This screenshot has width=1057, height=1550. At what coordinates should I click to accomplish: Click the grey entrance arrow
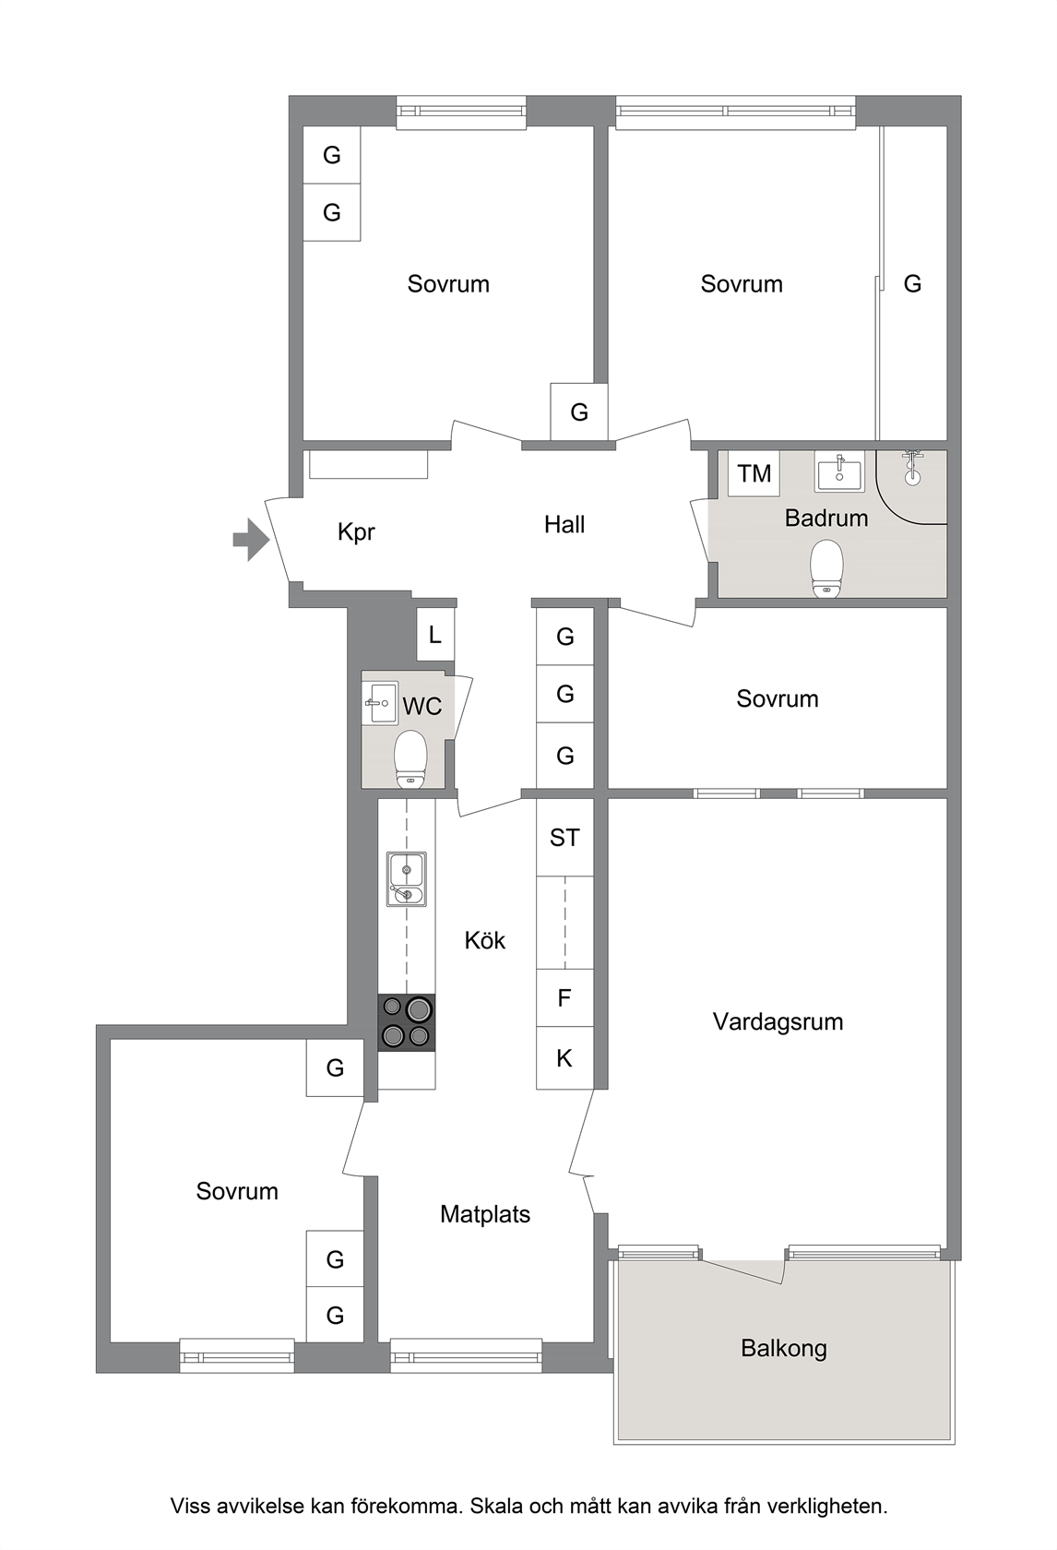pos(251,540)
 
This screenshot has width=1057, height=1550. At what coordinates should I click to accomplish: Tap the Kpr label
pos(356,532)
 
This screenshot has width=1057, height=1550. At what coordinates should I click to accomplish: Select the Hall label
pos(564,524)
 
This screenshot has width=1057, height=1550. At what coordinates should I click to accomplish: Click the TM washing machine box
pos(754,473)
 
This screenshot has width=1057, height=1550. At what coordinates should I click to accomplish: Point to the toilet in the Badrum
pos(826,567)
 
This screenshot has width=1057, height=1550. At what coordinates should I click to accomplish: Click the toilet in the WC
pos(411,759)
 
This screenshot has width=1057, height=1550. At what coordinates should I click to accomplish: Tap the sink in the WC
pos(380,703)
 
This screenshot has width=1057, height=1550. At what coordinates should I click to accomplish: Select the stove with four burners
pos(407,1022)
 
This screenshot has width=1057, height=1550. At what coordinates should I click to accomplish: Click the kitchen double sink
pos(407,878)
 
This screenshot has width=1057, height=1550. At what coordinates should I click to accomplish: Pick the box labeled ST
pos(564,838)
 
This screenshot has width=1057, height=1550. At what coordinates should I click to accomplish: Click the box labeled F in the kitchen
pos(564,997)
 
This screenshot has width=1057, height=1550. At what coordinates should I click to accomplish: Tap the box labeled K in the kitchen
pos(564,1057)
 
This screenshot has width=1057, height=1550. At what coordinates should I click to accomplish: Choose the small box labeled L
pos(435,634)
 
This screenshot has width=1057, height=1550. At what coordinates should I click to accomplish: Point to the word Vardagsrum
pos(778,1022)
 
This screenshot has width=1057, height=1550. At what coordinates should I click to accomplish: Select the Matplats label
pos(485,1214)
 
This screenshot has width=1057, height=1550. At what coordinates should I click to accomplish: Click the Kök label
pos(485,940)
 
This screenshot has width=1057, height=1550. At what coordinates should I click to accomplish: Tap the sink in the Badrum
pos(839,472)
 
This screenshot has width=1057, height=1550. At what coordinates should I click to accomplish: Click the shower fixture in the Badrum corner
pos(913,466)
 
